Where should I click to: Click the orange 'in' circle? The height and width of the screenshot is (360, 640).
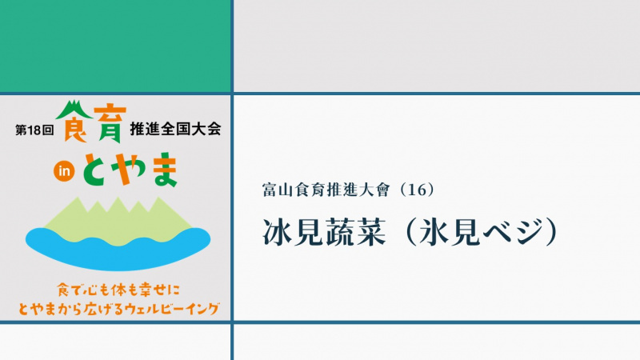64,171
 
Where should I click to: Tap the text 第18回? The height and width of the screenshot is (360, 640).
34,130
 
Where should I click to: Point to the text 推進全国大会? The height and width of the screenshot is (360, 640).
175,129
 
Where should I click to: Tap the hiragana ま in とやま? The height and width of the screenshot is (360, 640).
165,170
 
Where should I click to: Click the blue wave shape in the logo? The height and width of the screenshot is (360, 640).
118,249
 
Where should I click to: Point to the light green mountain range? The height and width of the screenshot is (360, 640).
118,222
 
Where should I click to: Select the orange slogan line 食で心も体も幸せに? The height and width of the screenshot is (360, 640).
118,290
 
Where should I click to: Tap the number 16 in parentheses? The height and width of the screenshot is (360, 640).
417,190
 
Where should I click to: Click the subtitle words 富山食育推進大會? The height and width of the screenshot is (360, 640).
326,190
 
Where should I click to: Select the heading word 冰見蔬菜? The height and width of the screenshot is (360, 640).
325,232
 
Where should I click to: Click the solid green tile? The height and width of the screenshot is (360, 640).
115,46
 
